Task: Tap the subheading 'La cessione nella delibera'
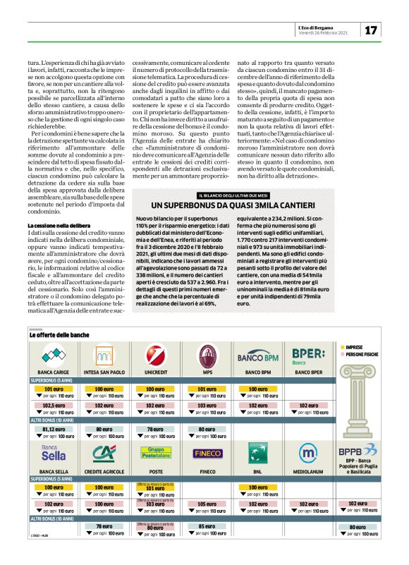click(59, 225)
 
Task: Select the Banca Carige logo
click(53, 354)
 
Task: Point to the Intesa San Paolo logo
click(104, 354)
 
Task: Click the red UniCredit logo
click(155, 354)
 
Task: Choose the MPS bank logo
click(207, 354)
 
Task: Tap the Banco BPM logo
click(257, 354)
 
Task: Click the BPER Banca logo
click(308, 354)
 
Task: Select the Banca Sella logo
click(53, 453)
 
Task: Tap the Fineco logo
click(207, 453)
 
